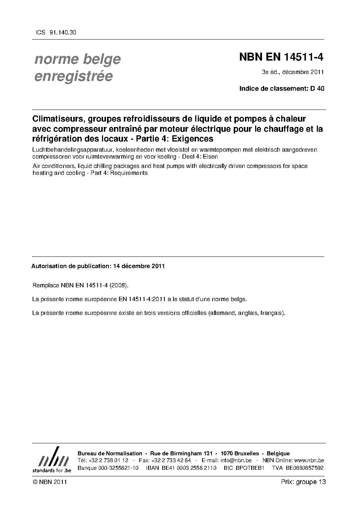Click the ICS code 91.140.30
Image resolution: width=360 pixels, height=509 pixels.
point(62,32)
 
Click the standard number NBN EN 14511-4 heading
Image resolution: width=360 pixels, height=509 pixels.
point(281,57)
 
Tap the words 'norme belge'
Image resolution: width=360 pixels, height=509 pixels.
point(77,59)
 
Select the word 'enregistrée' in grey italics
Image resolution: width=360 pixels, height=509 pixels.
point(73,76)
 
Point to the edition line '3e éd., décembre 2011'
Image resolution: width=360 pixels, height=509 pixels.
point(292,72)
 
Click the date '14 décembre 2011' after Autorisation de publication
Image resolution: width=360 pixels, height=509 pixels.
point(139,266)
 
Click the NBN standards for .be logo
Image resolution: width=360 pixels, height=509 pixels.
point(52,460)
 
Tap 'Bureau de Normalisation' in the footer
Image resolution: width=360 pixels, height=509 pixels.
point(110,453)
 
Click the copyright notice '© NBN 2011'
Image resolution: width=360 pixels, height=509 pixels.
point(49,482)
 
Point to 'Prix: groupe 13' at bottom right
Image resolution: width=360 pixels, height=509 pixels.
point(303,482)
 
